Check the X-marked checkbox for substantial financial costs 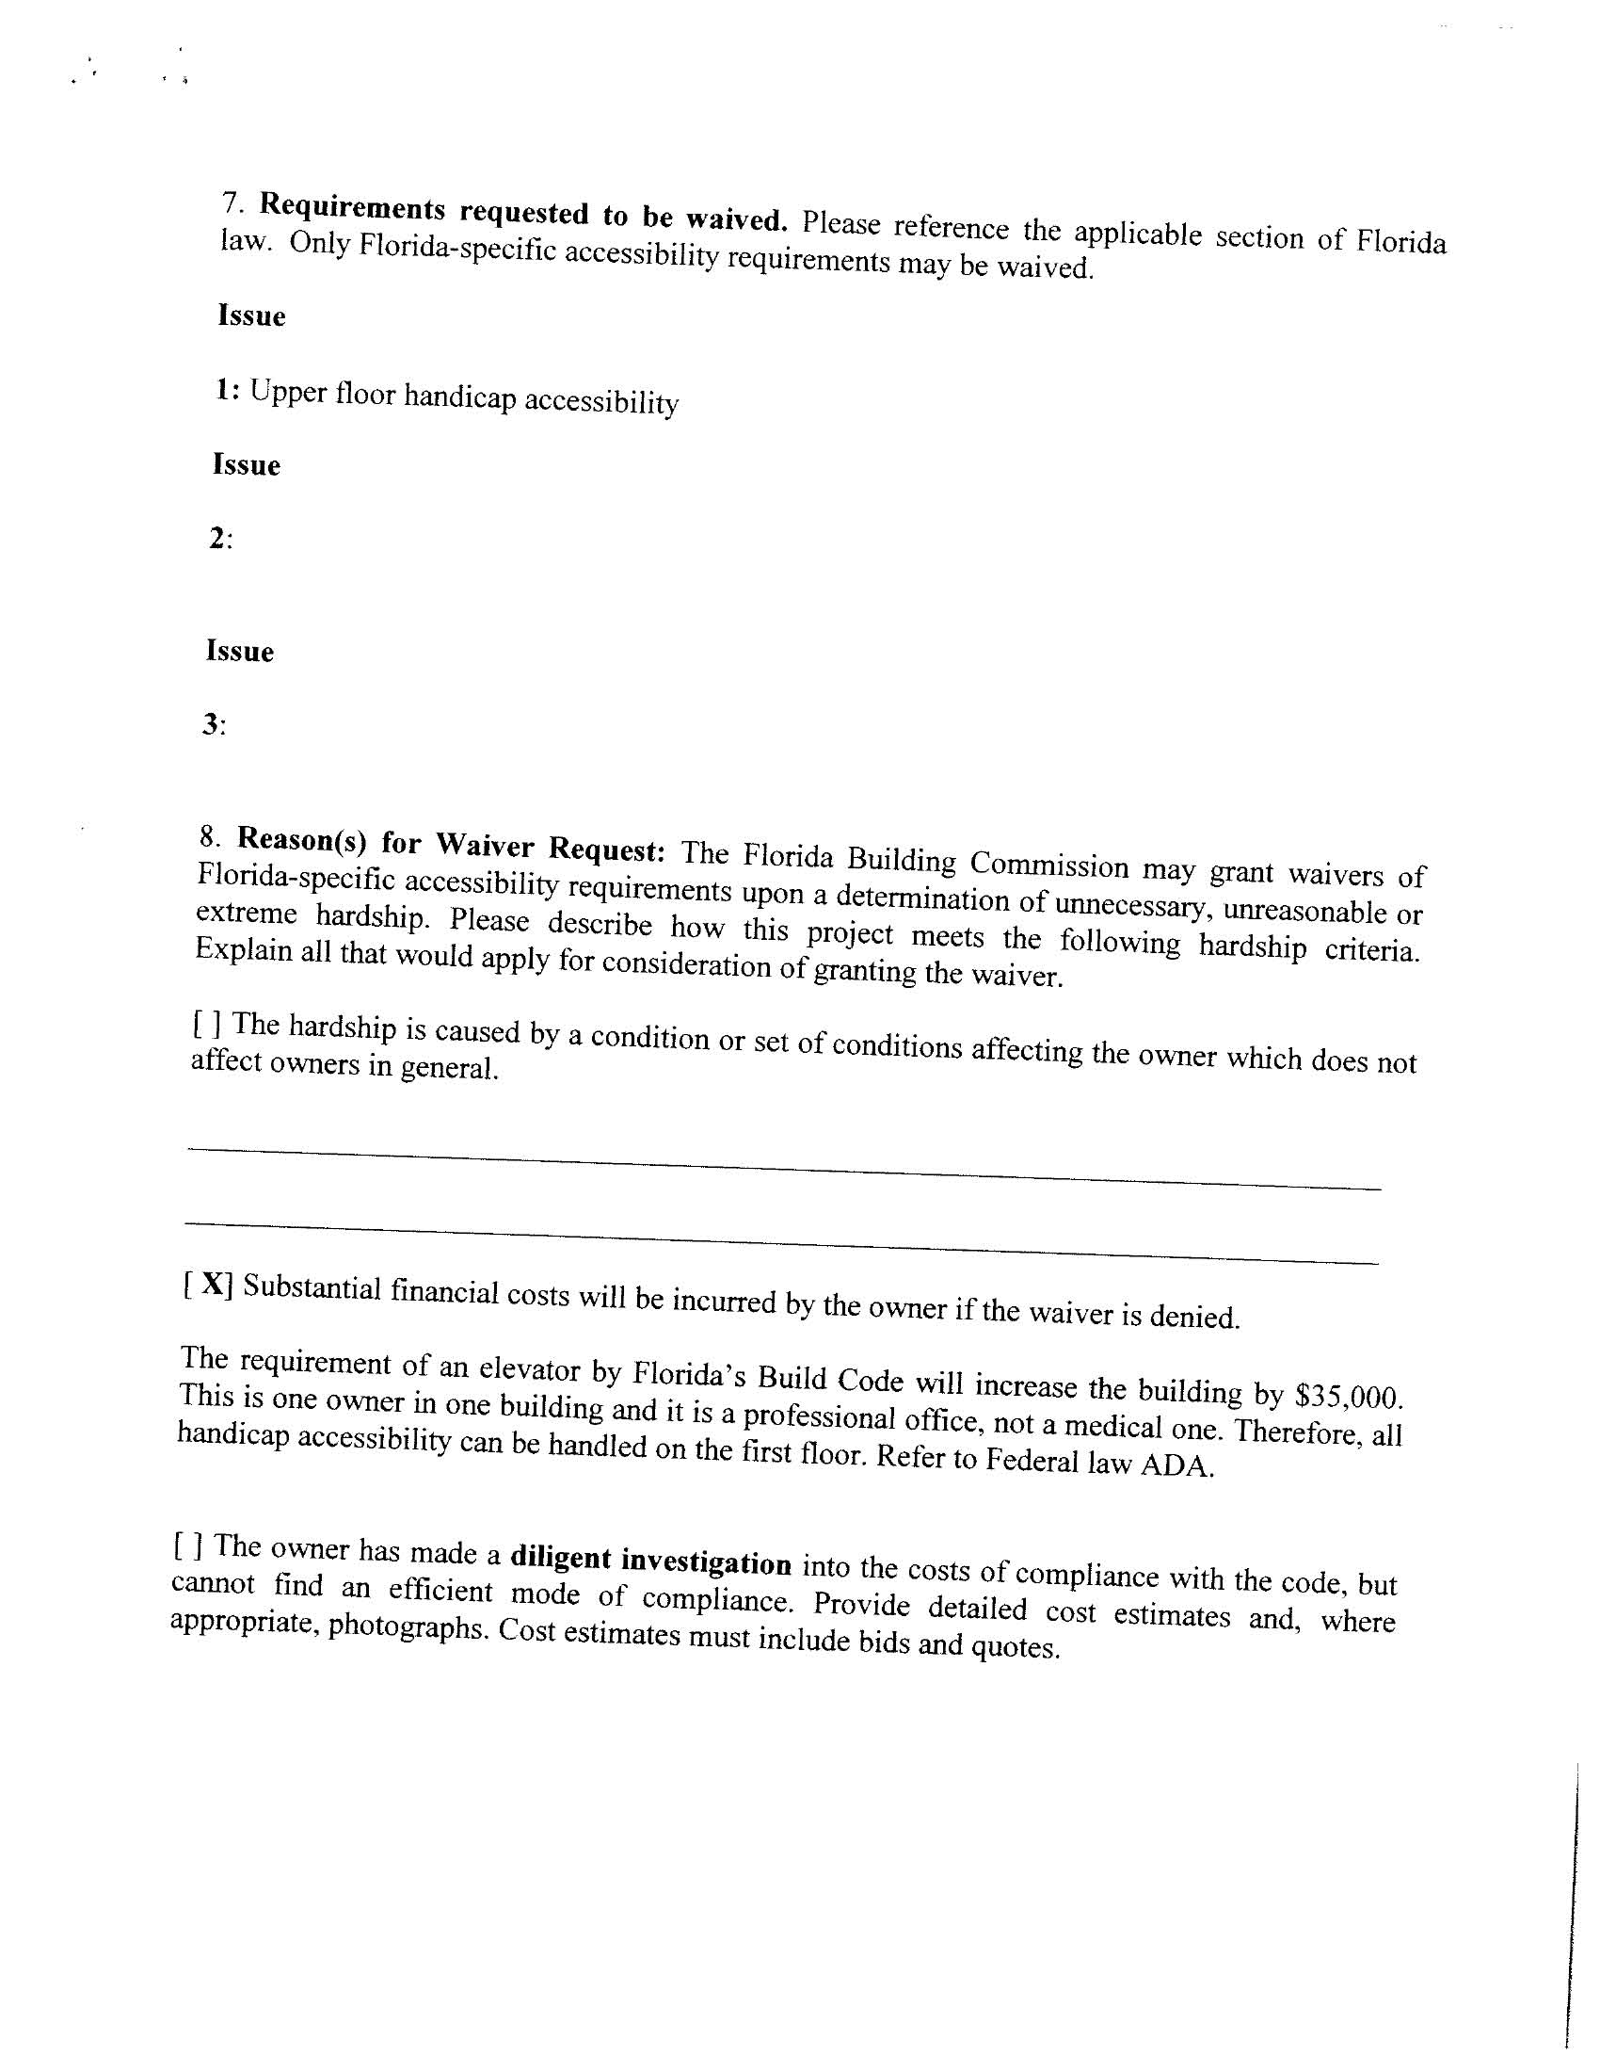click(208, 1284)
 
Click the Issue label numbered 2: click(220, 540)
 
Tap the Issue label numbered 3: click(214, 725)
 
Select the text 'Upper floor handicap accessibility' click(464, 397)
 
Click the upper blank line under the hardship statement click(784, 1168)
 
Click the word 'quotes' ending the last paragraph click(1015, 1647)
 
